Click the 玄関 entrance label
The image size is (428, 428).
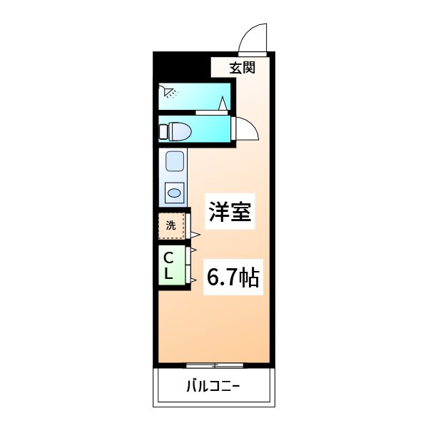click(242, 68)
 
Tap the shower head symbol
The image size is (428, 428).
click(169, 91)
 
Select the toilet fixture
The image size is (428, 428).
click(175, 131)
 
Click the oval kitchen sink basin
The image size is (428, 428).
click(174, 193)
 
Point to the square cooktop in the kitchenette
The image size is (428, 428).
click(175, 161)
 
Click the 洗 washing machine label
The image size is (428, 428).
click(171, 225)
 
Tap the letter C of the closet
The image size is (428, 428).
click(168, 258)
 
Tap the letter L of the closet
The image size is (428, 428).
click(168, 273)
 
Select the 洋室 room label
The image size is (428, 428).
click(230, 211)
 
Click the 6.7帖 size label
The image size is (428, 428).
click(233, 277)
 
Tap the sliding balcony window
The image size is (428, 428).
click(215, 365)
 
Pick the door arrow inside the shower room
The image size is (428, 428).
click(223, 103)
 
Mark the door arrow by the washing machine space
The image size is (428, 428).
click(195, 235)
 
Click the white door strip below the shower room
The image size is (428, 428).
click(212, 113)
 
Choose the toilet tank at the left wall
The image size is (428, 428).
click(163, 131)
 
